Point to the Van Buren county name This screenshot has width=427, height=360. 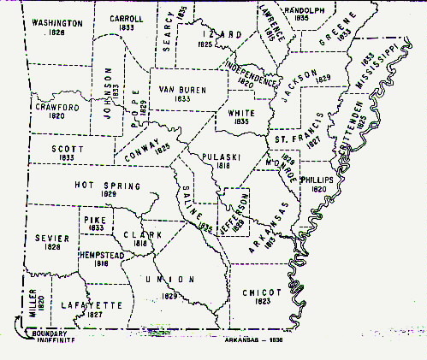pos(179,89)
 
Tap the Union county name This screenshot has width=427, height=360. pos(165,280)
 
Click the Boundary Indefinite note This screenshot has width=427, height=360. pos(52,337)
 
